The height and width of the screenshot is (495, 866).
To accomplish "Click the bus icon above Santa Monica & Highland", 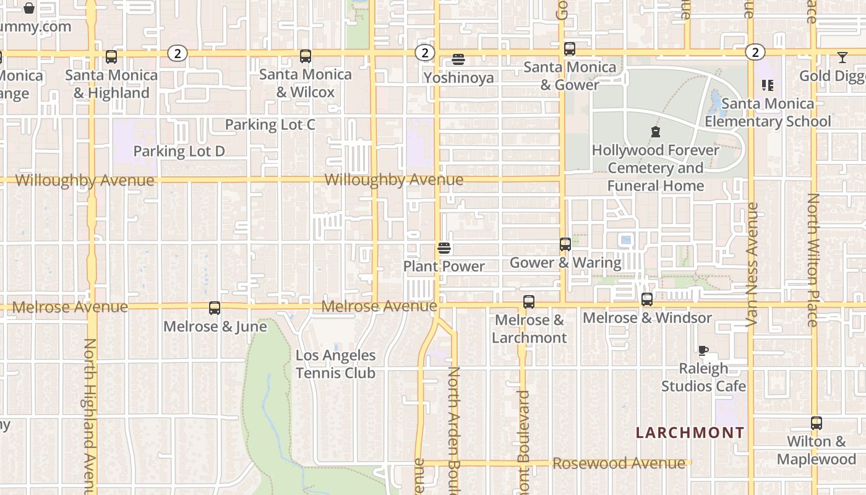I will (111, 57).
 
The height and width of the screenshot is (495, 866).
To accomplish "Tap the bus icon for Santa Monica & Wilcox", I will (306, 56).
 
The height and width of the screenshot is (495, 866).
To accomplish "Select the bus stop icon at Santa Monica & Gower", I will (570, 48).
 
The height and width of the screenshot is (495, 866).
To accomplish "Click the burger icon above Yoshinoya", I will (458, 59).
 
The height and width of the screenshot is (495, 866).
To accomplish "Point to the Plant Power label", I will (444, 266).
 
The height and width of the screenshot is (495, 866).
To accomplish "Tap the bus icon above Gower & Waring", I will (565, 244).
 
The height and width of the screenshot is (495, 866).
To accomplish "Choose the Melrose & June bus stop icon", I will (215, 308).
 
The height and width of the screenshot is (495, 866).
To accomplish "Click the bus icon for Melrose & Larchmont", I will (529, 302).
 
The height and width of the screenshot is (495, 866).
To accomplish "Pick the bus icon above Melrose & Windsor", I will (647, 299).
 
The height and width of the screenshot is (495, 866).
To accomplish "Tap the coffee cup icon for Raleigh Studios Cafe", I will (703, 350).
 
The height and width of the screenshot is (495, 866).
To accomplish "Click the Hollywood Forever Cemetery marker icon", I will (655, 132).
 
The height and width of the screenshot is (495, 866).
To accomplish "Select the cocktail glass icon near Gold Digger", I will (842, 58).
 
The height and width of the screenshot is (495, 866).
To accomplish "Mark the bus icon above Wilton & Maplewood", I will (817, 423).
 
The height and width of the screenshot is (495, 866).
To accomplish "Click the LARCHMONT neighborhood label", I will (690, 433).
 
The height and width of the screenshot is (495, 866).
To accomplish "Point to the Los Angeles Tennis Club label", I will (335, 364).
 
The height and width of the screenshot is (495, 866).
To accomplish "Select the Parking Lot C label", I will (270, 124).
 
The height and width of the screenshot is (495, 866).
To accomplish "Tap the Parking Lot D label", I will (179, 151).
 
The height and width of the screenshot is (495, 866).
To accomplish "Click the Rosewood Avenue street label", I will (619, 463).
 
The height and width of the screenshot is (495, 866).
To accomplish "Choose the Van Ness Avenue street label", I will (752, 265).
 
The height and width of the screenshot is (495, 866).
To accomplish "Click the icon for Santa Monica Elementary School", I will (768, 85).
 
